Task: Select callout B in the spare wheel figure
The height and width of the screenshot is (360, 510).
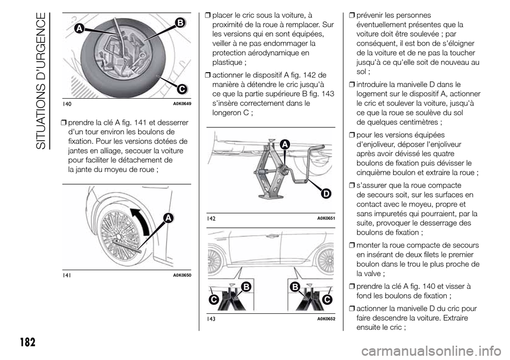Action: pos(179,22)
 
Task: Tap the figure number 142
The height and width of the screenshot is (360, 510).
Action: pos(211,219)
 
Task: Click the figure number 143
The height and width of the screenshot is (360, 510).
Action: pos(211,318)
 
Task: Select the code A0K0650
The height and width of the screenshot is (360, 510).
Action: pos(180,274)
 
